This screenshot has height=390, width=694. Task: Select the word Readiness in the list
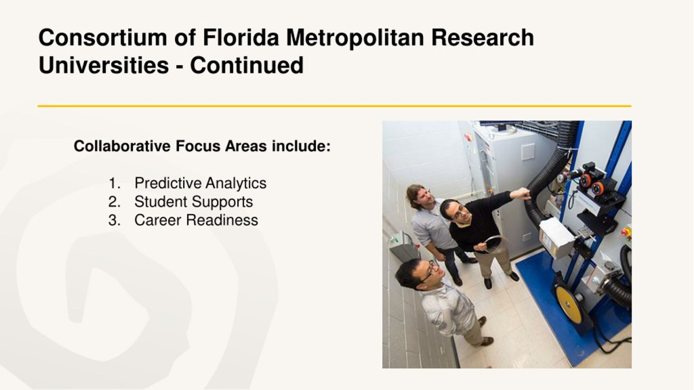[222, 220]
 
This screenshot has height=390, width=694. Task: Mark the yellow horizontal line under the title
[334, 106]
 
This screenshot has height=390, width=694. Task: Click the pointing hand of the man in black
[520, 194]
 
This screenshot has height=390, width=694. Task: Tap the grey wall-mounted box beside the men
[401, 244]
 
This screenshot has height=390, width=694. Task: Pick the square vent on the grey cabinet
[527, 152]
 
